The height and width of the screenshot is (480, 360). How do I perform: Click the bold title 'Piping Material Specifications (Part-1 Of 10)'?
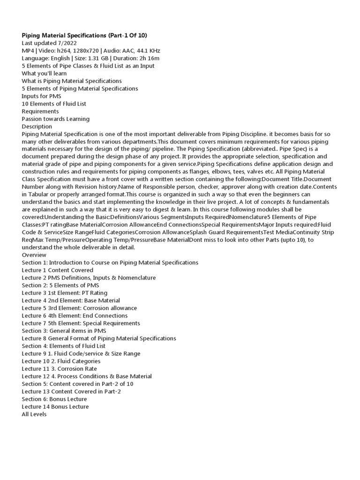pyautogui.click(x=84, y=36)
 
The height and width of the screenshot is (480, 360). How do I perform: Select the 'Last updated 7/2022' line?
pyautogui.click(x=49, y=43)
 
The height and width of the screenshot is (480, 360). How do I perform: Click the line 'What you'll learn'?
pyautogui.click(x=45, y=73)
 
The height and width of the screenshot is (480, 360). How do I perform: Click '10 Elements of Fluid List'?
pyautogui.click(x=54, y=104)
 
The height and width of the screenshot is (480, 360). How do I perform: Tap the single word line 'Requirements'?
pyautogui.click(x=40, y=111)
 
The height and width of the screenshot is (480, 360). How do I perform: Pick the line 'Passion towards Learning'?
pyautogui.click(x=56, y=119)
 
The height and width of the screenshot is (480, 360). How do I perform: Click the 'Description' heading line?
pyautogui.click(x=37, y=126)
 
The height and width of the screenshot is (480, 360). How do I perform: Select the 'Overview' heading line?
pyautogui.click(x=34, y=255)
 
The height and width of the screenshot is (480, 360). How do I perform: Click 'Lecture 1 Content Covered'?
pyautogui.click(x=58, y=270)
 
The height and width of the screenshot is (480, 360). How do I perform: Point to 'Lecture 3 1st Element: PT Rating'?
pyautogui.click(x=65, y=292)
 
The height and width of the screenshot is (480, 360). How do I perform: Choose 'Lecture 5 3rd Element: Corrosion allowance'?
pyautogui.click(x=79, y=308)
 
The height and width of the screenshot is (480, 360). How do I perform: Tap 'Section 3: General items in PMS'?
pyautogui.click(x=64, y=330)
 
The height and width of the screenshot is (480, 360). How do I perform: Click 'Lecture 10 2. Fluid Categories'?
pyautogui.click(x=61, y=361)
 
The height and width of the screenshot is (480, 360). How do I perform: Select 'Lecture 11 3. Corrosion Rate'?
pyautogui.click(x=60, y=368)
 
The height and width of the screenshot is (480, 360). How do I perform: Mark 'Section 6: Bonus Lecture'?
pyautogui.click(x=54, y=399)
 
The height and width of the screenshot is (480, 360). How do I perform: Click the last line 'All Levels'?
pyautogui.click(x=34, y=414)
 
